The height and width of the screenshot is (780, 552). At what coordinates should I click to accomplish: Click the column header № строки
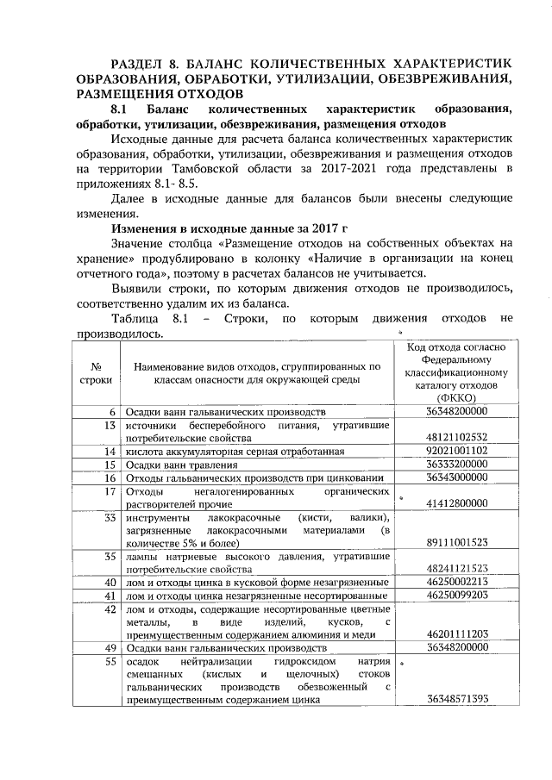(96, 372)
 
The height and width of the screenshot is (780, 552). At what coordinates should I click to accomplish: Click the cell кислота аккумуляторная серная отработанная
(235, 451)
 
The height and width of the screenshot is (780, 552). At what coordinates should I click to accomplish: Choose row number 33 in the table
(110, 517)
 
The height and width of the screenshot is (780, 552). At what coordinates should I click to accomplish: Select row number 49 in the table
(110, 647)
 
